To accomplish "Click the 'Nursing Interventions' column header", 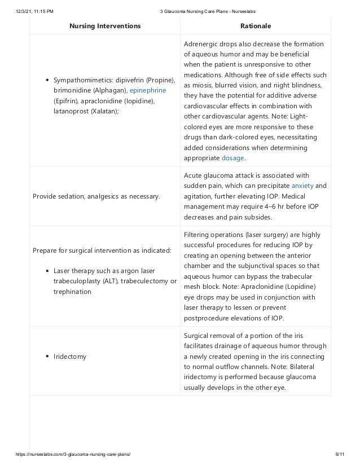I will (105, 26).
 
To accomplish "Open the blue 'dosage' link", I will (232, 159).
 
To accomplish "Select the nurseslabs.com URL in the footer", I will (71, 455).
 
